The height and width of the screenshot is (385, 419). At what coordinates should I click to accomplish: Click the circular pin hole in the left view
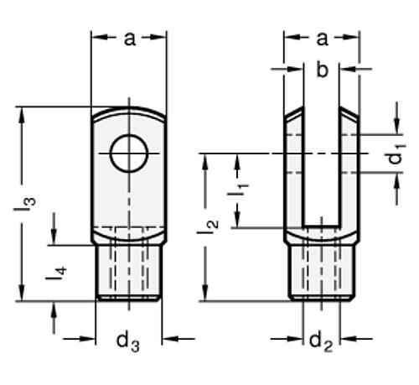pyautogui.click(x=128, y=153)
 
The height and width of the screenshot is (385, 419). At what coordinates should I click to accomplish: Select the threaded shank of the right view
pyautogui.click(x=322, y=272)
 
